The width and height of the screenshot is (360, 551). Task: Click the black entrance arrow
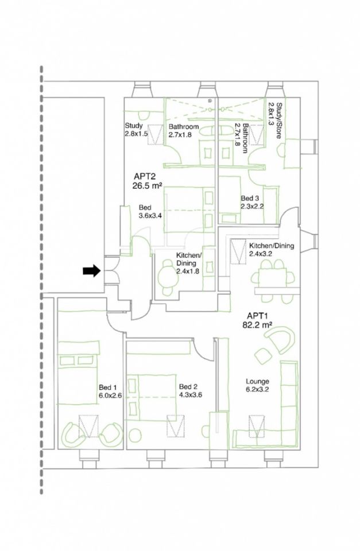click(92, 270)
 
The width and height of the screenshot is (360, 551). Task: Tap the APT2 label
click(145, 176)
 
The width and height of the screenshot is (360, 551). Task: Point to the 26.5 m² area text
click(147, 185)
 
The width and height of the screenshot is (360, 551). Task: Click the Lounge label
click(257, 381)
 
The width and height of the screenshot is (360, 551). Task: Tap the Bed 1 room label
click(107, 387)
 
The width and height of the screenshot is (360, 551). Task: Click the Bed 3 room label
click(250, 198)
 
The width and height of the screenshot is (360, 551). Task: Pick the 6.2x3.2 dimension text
click(257, 389)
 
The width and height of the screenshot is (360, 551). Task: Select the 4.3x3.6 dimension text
click(191, 395)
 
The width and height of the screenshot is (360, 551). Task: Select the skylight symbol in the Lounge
click(257, 426)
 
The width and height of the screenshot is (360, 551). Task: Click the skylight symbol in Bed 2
click(176, 426)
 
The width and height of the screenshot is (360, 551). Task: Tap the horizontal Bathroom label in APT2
click(184, 126)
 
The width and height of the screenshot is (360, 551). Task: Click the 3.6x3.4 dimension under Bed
click(150, 216)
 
